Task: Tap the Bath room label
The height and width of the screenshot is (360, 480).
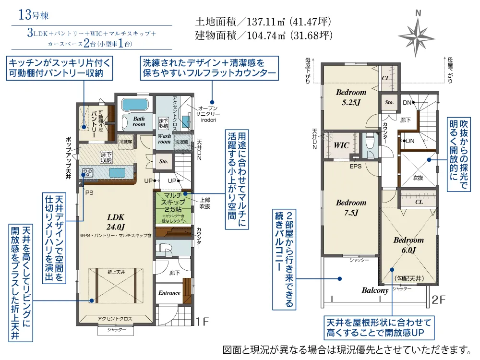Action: coord(139,121)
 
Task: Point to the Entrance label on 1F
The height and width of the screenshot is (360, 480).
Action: coord(169,292)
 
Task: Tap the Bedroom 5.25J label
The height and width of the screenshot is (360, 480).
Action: coord(351,96)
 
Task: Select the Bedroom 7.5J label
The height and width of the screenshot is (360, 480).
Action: coord(351,207)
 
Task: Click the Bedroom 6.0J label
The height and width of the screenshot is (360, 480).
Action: coord(408,245)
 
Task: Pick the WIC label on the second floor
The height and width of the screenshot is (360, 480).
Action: coord(342,144)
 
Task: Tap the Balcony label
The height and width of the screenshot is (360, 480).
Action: coord(375,290)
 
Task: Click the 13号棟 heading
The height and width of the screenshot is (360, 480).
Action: coord(34,14)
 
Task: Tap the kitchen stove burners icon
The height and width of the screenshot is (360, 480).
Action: coord(88,171)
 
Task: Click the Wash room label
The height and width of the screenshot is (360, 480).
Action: coord(164,139)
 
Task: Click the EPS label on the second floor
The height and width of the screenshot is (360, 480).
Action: coord(356,167)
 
